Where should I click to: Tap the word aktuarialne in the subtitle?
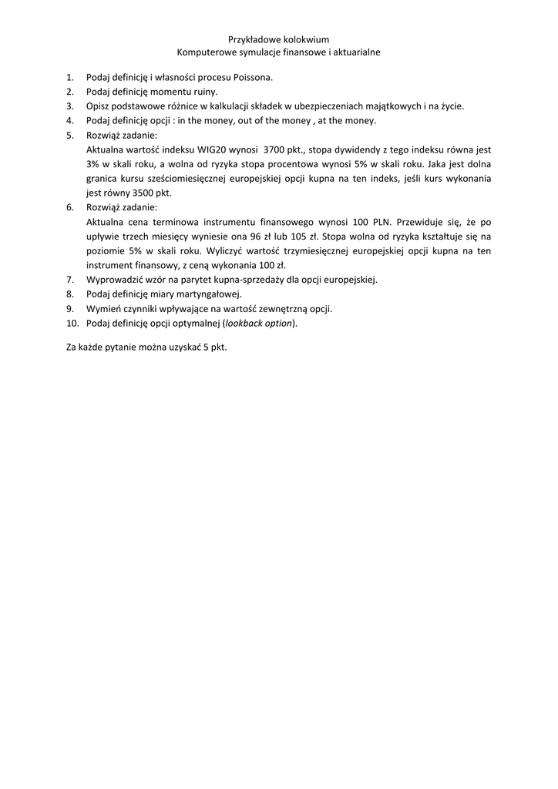point(355,52)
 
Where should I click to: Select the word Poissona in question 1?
point(253,77)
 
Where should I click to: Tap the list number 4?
point(69,120)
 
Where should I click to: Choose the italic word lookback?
point(244,324)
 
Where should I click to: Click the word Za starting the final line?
point(72,347)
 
